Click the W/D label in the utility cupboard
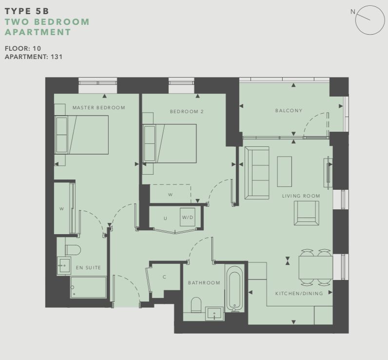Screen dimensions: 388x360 187,218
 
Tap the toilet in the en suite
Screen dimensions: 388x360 73,250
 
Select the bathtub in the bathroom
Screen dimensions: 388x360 234,289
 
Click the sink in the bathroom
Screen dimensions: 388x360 214,314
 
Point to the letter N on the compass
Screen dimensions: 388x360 353,12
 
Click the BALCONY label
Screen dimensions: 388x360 289,110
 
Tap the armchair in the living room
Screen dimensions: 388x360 306,213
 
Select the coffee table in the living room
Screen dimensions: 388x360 285,171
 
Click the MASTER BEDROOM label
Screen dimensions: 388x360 99,108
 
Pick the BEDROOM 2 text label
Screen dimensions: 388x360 187,112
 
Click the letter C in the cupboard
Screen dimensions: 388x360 164,277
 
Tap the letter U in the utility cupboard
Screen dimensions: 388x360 165,219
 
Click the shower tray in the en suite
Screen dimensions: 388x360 88,287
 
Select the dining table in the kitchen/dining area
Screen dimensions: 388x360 316,267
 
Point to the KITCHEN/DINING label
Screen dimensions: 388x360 299,293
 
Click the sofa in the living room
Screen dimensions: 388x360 257,173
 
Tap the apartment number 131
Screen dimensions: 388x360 57,57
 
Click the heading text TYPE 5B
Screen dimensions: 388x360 27,11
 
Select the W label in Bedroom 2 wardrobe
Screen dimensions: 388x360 170,195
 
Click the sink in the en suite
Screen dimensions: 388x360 64,266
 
